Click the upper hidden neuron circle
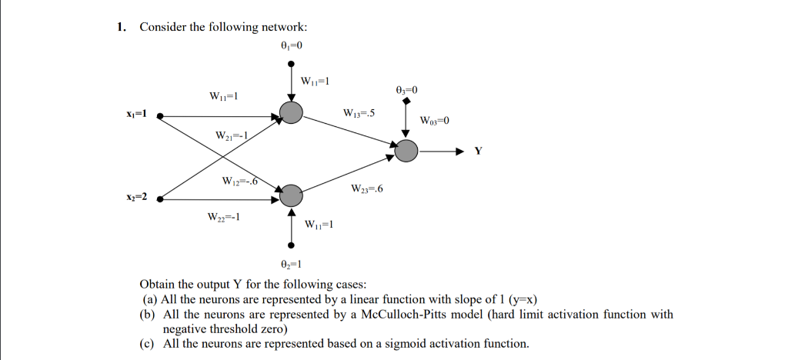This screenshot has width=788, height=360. (291, 114)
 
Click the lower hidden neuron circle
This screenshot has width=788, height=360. (291, 196)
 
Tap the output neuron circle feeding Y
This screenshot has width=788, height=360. (406, 150)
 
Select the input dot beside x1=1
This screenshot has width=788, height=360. (160, 116)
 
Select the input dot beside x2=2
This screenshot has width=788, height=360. (160, 198)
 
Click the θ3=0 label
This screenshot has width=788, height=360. (406, 90)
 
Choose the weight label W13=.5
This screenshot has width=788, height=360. (359, 114)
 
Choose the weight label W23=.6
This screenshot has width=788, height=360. (366, 188)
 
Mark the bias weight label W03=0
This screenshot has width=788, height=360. (434, 121)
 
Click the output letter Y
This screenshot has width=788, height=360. (479, 151)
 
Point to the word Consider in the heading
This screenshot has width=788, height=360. (163, 27)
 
